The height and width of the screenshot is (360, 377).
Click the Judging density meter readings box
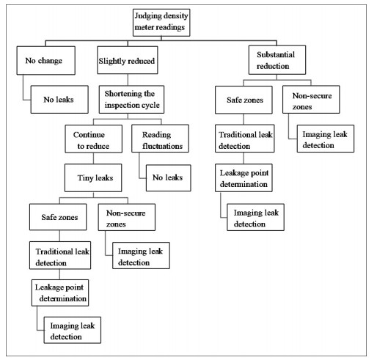pyautogui.click(x=161, y=23)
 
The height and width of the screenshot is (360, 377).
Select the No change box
pyautogui.click(x=46, y=60)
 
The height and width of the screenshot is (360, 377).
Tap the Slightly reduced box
pyautogui.click(x=128, y=60)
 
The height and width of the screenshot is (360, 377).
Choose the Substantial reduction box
pyautogui.click(x=277, y=60)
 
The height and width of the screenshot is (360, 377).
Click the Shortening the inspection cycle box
pyautogui.click(x=131, y=99)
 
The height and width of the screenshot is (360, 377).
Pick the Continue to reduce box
pyautogui.click(x=94, y=139)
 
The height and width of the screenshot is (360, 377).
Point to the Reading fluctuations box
pyautogui.click(x=160, y=139)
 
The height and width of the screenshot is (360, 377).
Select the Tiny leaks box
pyautogui.click(x=93, y=177)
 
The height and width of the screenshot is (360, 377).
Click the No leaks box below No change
pyautogui.click(x=59, y=99)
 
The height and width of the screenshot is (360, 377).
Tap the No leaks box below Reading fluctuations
pyautogui.click(x=169, y=177)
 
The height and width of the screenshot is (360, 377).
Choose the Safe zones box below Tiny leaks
pyautogui.click(x=58, y=217)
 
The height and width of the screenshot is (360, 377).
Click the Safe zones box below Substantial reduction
pyautogui.click(x=244, y=100)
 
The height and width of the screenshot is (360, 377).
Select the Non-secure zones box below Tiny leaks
pyautogui.click(x=127, y=217)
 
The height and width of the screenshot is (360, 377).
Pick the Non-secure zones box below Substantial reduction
pyautogui.click(x=311, y=99)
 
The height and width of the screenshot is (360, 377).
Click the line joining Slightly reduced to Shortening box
pyautogui.click(x=128, y=80)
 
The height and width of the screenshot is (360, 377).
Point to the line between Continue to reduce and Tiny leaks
pyautogui.click(x=93, y=158)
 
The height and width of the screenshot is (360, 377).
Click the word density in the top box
pyautogui.click(x=176, y=16)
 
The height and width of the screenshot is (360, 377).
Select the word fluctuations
pyautogui.click(x=163, y=146)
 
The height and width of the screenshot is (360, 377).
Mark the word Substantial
pyautogui.click(x=276, y=54)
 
